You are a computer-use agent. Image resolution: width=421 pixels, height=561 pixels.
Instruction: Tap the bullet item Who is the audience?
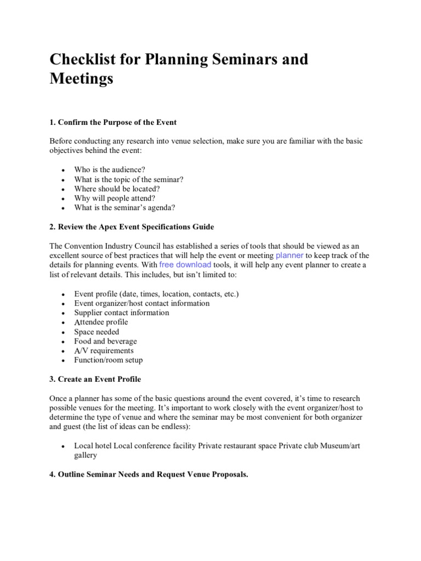(x=110, y=170)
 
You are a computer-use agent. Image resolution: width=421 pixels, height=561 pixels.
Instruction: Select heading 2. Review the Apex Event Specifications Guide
(x=132, y=227)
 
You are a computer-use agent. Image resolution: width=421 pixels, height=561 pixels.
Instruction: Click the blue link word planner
(x=289, y=255)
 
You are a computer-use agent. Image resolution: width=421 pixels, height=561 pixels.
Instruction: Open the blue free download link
(x=185, y=265)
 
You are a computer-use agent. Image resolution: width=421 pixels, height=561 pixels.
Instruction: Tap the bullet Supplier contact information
(x=122, y=313)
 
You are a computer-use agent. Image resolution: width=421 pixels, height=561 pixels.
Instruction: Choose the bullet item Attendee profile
(x=101, y=322)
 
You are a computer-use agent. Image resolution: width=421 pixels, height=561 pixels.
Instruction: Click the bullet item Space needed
(x=96, y=331)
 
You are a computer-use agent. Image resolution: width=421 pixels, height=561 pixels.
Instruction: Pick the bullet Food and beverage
(x=105, y=341)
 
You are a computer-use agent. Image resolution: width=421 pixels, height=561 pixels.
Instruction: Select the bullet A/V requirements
(x=104, y=351)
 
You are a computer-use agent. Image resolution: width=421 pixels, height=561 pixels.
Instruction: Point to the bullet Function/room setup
(x=108, y=360)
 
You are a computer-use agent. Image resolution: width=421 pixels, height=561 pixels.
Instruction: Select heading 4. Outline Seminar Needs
(x=149, y=474)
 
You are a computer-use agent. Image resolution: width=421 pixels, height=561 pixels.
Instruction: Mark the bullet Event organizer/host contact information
(x=142, y=303)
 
